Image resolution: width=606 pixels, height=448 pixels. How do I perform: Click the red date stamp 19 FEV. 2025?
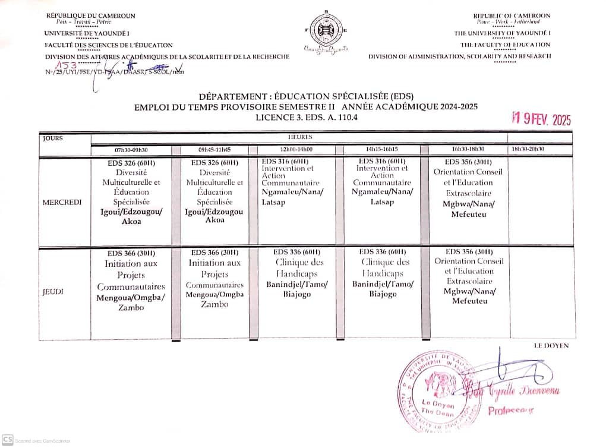click(541, 119)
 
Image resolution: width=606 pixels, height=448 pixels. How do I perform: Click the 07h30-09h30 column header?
click(133, 150)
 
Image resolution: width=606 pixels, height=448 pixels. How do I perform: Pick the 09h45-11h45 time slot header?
click(215, 150)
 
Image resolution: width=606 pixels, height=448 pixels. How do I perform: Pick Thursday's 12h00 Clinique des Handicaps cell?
click(296, 273)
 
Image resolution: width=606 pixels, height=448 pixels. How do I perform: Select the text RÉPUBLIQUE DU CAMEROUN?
click(91, 15)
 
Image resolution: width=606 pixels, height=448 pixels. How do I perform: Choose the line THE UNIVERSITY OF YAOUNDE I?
click(502, 33)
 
